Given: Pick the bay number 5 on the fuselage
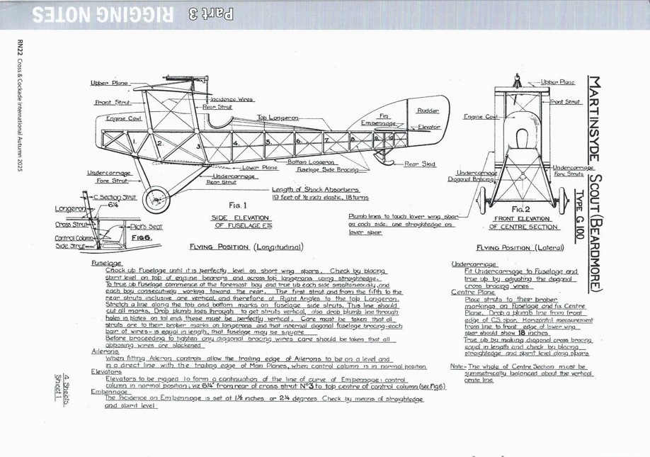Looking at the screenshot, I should tap(268, 142).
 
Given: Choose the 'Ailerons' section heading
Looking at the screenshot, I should tap(106, 351).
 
